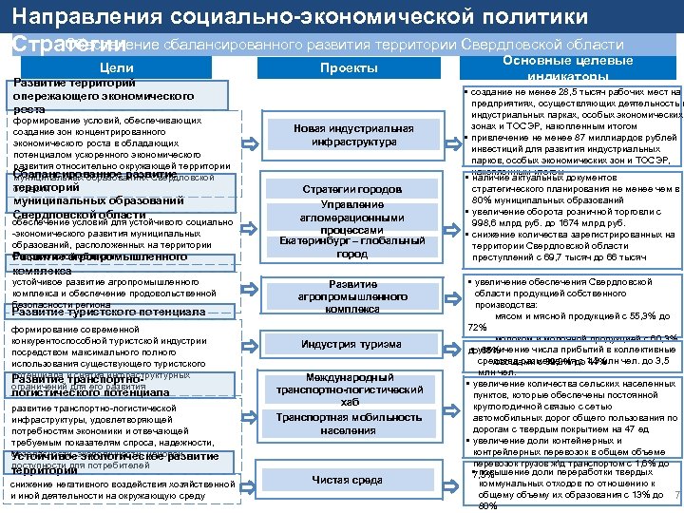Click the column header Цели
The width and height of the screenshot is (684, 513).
[116, 67]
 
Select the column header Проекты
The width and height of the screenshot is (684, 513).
[349, 67]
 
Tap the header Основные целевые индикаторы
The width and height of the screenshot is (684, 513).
[566, 67]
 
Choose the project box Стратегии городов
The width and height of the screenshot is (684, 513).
[352, 189]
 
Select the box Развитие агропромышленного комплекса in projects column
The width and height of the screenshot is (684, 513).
[352, 296]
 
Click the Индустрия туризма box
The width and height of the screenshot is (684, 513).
[352, 344]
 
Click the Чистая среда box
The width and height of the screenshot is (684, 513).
[352, 481]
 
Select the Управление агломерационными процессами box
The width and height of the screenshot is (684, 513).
[352, 218]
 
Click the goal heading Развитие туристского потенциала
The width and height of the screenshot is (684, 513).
[109, 312]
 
